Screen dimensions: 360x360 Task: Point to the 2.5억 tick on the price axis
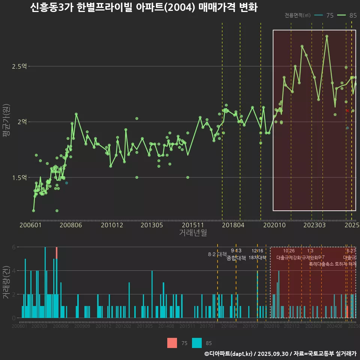(19, 66)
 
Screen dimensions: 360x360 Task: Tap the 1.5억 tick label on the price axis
(19, 177)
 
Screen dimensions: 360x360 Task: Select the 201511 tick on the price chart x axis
(193, 225)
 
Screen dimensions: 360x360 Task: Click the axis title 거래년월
(193, 233)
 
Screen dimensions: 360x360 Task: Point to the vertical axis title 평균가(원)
(6, 122)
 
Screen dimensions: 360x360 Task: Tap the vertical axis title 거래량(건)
(6, 282)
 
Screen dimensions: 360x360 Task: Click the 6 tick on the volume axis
(14, 247)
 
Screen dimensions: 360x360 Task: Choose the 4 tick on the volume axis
(14, 271)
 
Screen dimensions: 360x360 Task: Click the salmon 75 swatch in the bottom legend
(172, 343)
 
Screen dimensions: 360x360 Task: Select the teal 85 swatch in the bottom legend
(197, 343)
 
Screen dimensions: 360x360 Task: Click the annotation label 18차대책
(257, 258)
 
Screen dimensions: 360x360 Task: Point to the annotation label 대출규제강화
(289, 258)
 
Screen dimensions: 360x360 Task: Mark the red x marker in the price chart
(348, 111)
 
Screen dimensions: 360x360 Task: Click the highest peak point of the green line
(327, 36)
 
